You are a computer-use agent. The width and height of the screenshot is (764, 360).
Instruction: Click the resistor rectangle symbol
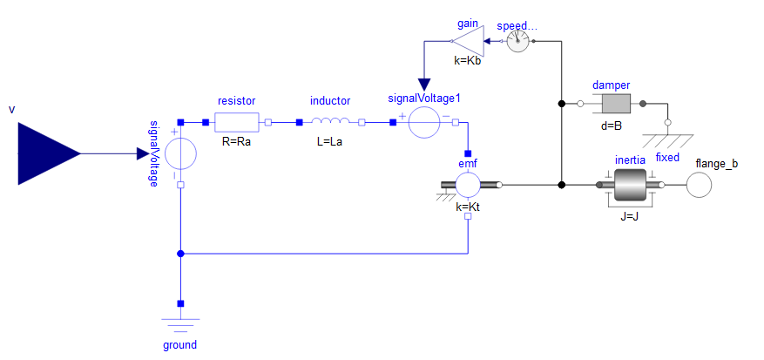[x=236, y=122]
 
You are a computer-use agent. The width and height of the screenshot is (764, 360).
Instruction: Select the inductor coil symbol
[x=330, y=120]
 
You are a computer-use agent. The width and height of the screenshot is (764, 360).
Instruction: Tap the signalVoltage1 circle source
[x=424, y=122]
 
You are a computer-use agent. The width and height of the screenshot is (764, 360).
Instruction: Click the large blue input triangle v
[x=49, y=153]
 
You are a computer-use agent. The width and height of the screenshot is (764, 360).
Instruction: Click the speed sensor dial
[x=517, y=42]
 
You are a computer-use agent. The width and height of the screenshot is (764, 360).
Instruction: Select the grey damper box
[x=617, y=104]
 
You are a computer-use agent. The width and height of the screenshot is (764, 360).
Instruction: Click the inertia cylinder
[x=630, y=185]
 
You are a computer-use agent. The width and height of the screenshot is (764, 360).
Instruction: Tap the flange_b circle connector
[x=700, y=186]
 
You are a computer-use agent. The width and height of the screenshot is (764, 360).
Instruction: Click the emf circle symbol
[x=468, y=185]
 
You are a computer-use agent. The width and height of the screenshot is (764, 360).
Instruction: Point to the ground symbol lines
[x=180, y=325]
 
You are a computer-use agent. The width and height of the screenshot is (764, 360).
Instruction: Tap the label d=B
[x=612, y=126]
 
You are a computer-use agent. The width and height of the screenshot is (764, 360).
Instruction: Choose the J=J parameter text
[x=630, y=217]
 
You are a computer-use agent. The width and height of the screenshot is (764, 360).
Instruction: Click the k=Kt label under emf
[x=468, y=207]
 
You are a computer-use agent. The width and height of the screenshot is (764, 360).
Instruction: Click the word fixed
[x=667, y=158]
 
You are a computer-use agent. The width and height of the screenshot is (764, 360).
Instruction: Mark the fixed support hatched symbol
[x=667, y=140]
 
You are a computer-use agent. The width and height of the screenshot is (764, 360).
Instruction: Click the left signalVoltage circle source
[x=181, y=153]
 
